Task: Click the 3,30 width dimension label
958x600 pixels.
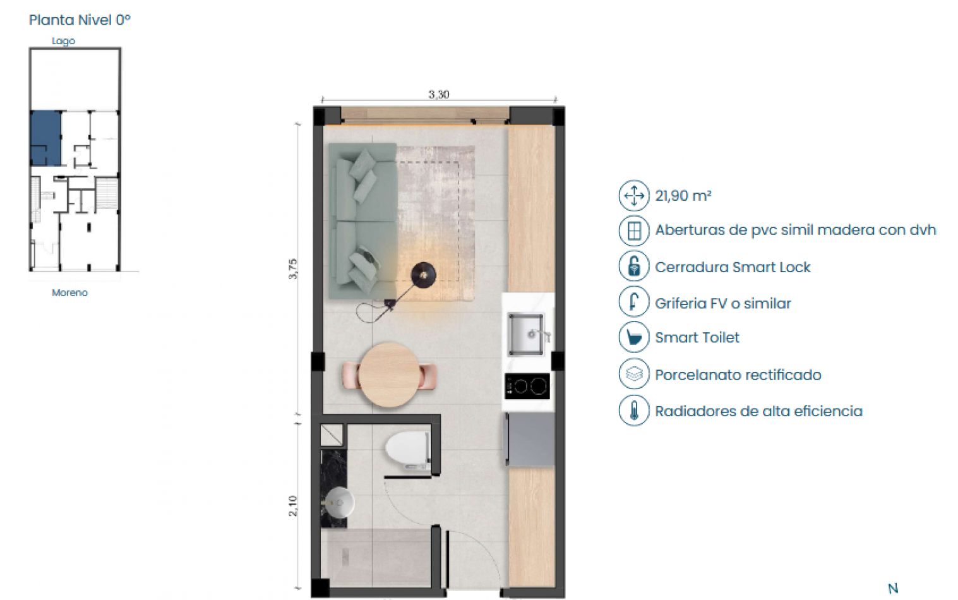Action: (438, 95)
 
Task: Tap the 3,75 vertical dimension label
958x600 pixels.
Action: (292, 269)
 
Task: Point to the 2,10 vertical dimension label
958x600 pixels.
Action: (293, 506)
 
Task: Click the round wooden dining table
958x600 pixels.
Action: (389, 375)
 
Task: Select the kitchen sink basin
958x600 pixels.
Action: (525, 333)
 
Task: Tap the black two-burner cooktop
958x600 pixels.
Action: (527, 386)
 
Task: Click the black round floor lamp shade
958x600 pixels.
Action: (423, 275)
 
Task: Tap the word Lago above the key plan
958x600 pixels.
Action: (63, 41)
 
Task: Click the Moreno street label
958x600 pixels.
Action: (69, 293)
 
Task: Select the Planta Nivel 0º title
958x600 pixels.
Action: (80, 20)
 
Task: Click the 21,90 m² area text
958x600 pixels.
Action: (683, 196)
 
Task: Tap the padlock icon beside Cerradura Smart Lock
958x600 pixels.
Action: (634, 266)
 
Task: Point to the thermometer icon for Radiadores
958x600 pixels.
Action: (634, 411)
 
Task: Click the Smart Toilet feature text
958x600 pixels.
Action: (697, 338)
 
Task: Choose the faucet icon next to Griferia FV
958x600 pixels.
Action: (634, 302)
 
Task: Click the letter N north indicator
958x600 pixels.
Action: (893, 589)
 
